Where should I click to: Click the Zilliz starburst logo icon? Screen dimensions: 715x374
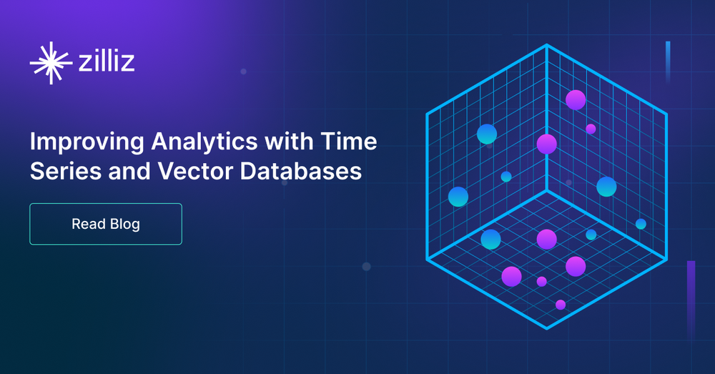tap(51, 63)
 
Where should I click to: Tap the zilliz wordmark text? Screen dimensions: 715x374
tap(107, 61)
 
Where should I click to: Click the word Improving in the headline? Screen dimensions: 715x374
tap(87, 142)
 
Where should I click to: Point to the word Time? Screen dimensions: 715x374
tap(349, 141)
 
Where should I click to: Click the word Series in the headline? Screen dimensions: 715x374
tap(66, 171)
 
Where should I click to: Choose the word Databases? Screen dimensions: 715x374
tap(301, 171)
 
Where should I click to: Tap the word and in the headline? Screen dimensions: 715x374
tap(129, 171)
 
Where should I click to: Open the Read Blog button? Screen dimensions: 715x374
tap(106, 224)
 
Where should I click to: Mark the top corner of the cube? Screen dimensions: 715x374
tap(547, 45)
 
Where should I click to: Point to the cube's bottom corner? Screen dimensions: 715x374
tap(547, 328)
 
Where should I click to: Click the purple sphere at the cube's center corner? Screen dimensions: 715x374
tap(547, 144)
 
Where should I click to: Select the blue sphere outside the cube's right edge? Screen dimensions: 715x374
tap(641, 224)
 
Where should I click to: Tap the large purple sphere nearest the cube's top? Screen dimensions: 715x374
tap(576, 100)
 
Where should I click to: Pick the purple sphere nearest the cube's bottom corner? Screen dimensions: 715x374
tap(561, 305)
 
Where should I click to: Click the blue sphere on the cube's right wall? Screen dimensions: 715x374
tap(606, 187)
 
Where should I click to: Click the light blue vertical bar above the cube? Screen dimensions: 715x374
tap(668, 62)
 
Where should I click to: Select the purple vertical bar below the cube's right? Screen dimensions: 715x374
tap(691, 299)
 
